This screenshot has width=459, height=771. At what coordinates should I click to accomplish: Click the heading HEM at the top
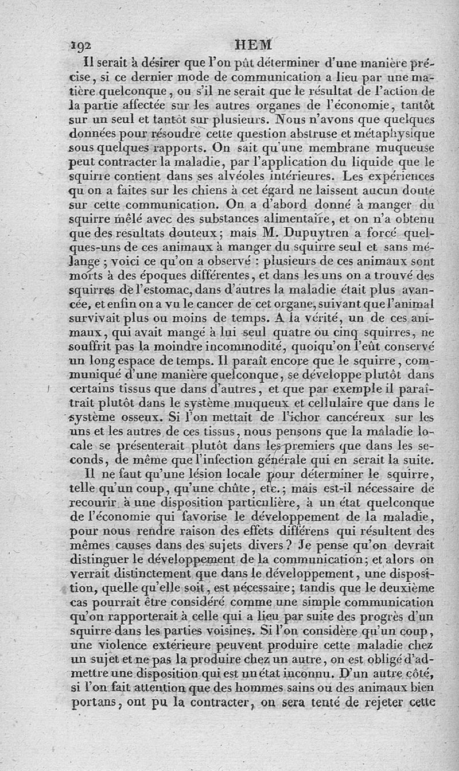pyautogui.click(x=254, y=45)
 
